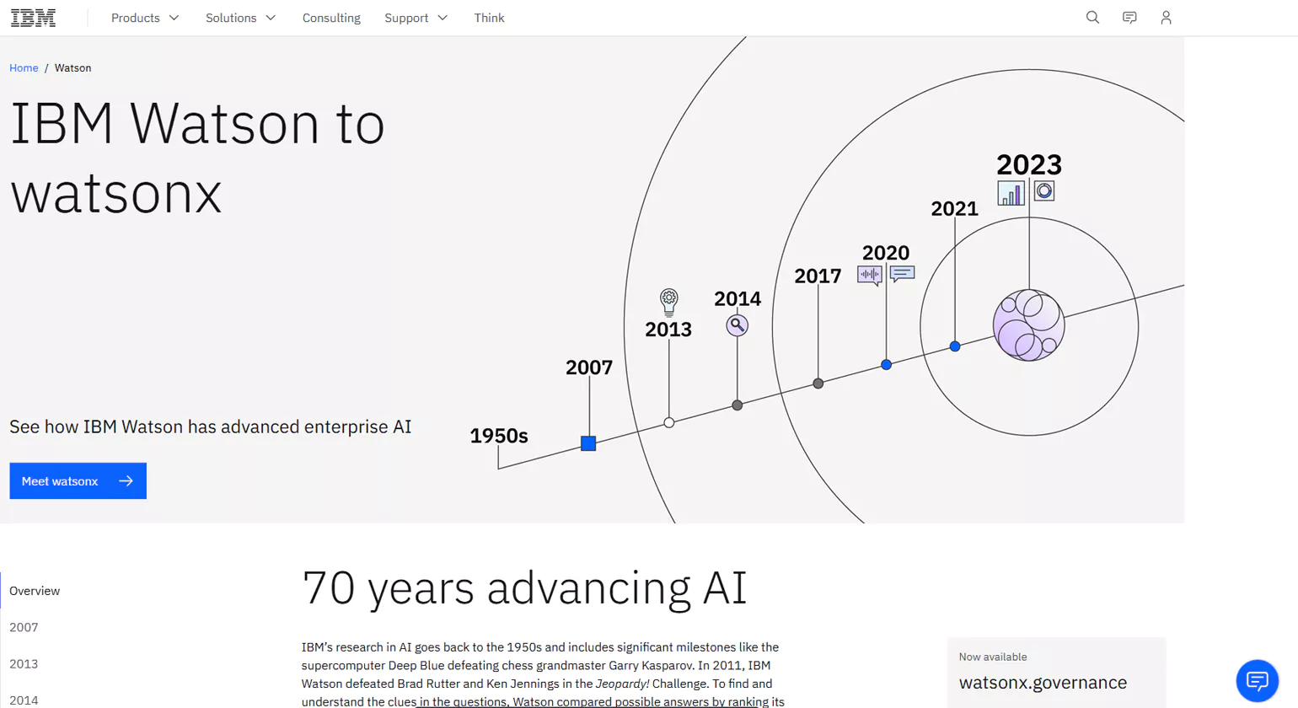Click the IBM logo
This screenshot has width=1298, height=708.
point(33,18)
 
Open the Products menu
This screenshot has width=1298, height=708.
point(145,18)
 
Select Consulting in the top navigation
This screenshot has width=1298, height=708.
point(331,18)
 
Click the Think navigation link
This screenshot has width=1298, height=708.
point(489,18)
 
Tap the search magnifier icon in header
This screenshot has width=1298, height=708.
point(1092,18)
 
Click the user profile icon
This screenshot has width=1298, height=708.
point(1166,18)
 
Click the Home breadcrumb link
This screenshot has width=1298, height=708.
point(24,67)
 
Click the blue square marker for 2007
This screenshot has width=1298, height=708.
point(588,443)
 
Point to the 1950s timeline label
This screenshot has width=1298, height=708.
point(498,436)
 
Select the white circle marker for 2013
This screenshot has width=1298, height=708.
point(668,422)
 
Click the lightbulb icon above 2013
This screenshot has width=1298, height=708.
point(668,301)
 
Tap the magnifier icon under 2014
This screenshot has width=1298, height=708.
point(737,325)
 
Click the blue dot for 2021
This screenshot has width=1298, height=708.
point(954,346)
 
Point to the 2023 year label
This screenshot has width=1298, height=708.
point(1028,164)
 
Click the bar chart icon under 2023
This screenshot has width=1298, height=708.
point(1011,193)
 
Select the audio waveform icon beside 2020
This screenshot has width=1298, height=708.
point(869,275)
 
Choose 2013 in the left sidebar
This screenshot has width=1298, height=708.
point(24,663)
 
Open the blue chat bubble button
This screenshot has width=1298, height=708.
point(1257,680)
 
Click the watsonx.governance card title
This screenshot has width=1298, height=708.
point(1043,683)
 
